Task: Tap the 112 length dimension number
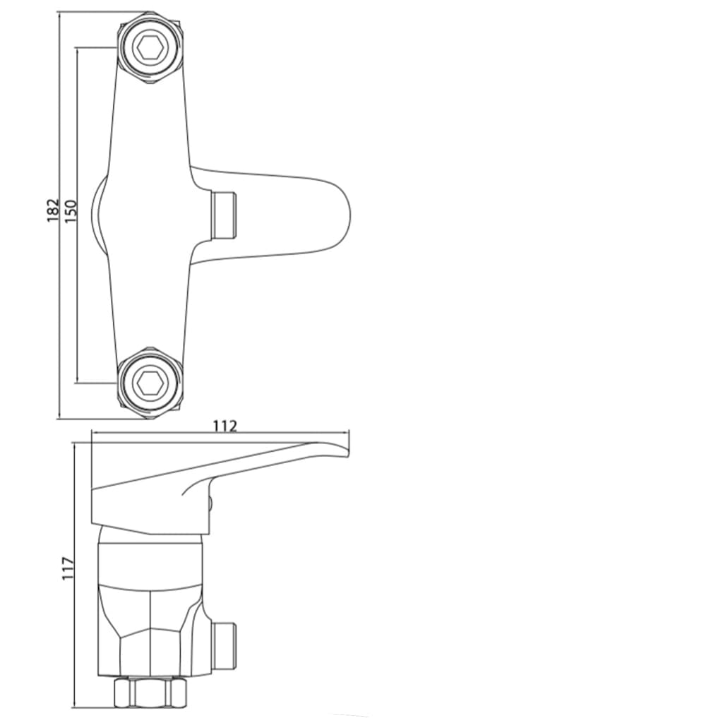pyautogui.click(x=225, y=426)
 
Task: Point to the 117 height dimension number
pyautogui.click(x=68, y=568)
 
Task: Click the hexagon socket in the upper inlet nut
pyautogui.click(x=150, y=49)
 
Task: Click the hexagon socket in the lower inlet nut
pyautogui.click(x=150, y=383)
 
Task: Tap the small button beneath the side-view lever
pyautogui.click(x=211, y=502)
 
